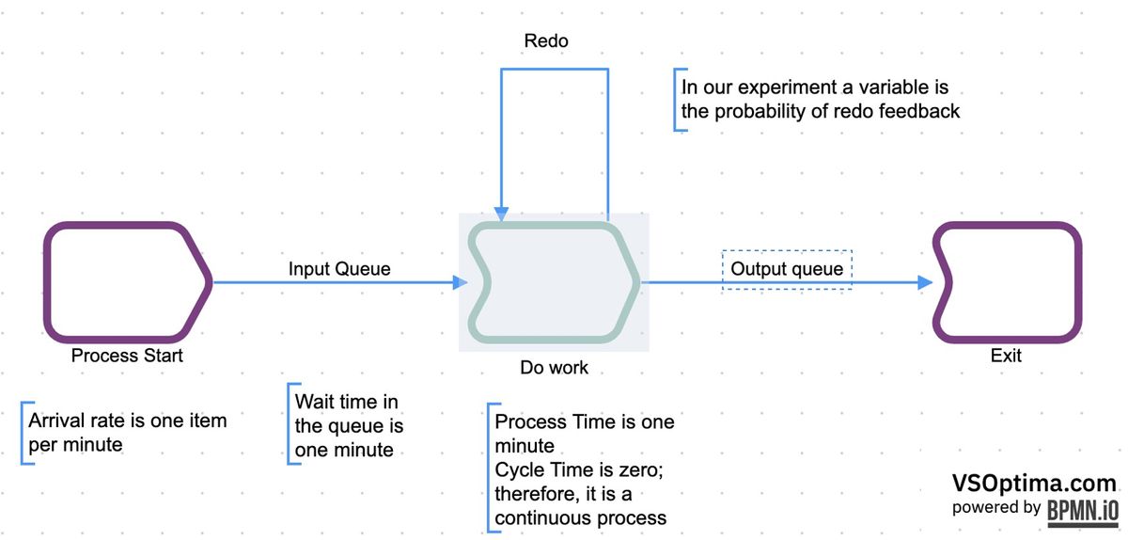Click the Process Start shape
[x=127, y=281]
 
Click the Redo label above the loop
[x=546, y=41]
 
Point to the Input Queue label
[x=339, y=269]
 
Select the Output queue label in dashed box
[x=787, y=269]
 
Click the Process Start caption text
[x=127, y=356]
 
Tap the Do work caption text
[x=555, y=367]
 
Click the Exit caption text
[x=1005, y=356]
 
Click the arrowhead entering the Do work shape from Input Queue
[x=460, y=282]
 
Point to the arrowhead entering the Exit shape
[x=924, y=282]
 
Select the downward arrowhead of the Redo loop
[x=503, y=213]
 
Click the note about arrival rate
[x=127, y=432]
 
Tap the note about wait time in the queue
[x=349, y=425]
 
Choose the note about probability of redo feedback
[x=820, y=100]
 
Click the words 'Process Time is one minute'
[x=583, y=433]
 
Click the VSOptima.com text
[x=1034, y=484]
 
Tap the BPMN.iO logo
[x=1082, y=509]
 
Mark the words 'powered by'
[x=995, y=508]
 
